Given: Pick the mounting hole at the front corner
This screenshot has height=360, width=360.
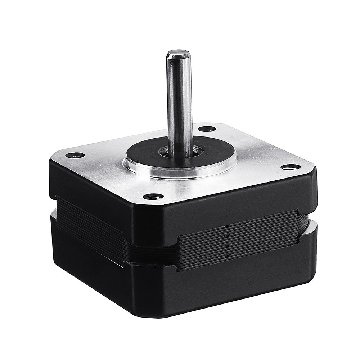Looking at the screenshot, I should click(x=154, y=197).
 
